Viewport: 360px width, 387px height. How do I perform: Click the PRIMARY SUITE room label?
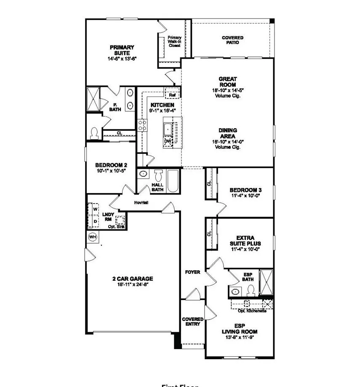pos(122,50)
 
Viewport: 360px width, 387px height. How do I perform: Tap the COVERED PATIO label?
pos(232,40)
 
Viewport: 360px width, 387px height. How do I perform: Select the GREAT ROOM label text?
pos(227,82)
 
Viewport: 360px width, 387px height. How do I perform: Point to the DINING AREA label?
pos(227,133)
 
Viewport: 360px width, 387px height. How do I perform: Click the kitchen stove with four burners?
pos(142,125)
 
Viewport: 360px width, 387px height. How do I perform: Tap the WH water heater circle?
pos(93,237)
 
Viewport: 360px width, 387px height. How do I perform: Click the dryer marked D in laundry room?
pos(95,221)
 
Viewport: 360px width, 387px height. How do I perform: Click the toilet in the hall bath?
pos(158,176)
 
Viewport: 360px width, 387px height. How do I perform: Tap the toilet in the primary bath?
pos(95,133)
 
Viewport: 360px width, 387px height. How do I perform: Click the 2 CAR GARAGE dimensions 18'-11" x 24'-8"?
pos(132,285)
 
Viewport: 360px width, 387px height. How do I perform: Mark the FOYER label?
pos(193,272)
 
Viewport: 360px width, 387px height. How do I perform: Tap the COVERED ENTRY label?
pos(192,322)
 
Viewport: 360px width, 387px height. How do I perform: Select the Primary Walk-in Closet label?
pos(175,41)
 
